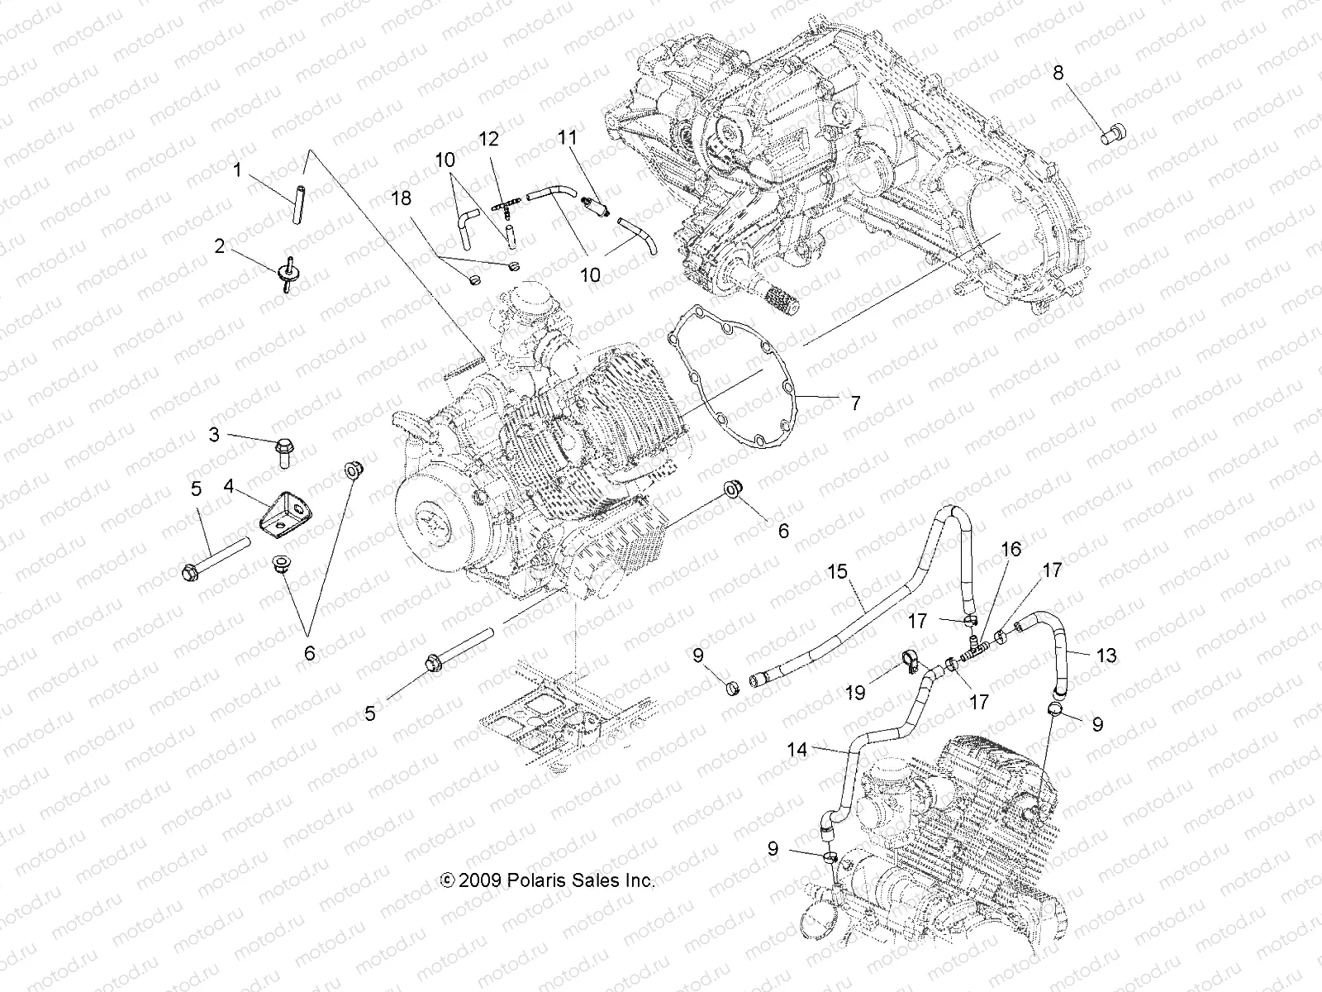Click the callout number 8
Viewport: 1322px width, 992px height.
point(1058,73)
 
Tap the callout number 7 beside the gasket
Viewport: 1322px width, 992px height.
point(855,403)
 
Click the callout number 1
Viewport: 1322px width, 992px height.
point(237,171)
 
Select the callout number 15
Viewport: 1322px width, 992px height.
point(838,571)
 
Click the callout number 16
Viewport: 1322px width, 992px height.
point(1011,550)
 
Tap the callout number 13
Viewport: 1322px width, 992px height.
point(1106,656)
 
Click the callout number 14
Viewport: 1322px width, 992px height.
point(797,750)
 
